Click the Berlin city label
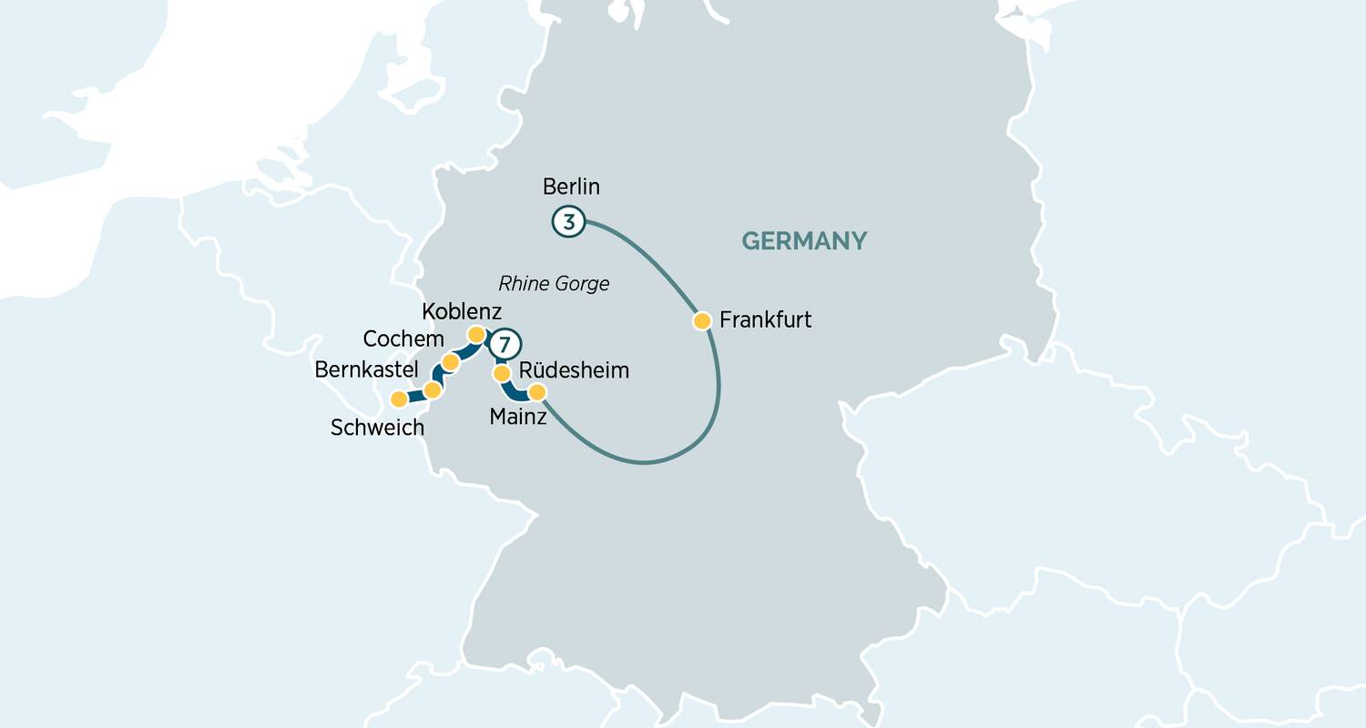571,187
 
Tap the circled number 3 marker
567,221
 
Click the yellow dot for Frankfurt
702,320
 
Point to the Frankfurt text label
765,320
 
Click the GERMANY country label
804,241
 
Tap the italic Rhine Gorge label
554,284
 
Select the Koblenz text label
462,312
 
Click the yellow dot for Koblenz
474,335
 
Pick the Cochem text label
403,339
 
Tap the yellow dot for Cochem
450,363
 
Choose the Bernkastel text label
366,369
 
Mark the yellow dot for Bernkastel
433,389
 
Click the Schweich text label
377,428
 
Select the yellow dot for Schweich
399,399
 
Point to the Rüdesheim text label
574,371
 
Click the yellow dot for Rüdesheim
501,373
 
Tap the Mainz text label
518,418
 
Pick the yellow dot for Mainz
537,392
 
